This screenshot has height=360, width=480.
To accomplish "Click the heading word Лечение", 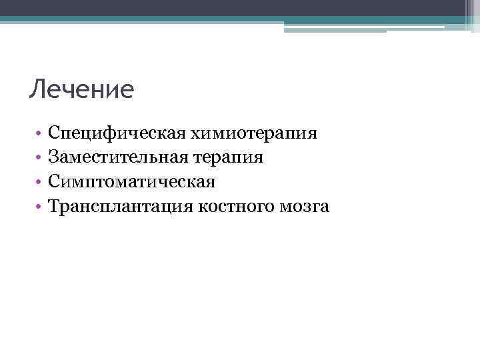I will (x=81, y=89).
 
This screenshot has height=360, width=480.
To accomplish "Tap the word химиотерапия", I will (x=254, y=133).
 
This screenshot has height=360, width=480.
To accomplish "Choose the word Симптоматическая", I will (x=131, y=182).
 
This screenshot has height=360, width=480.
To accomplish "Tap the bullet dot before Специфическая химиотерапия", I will (x=40, y=134).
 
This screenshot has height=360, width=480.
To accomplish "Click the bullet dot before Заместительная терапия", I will (x=40, y=159).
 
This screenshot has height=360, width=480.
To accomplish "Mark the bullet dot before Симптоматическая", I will (x=40, y=183).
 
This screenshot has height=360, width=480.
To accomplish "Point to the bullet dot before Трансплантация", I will (x=40, y=207).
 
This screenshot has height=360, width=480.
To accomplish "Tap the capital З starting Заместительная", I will (x=53, y=157).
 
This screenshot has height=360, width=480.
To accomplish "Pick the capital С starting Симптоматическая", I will (x=54, y=181).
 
